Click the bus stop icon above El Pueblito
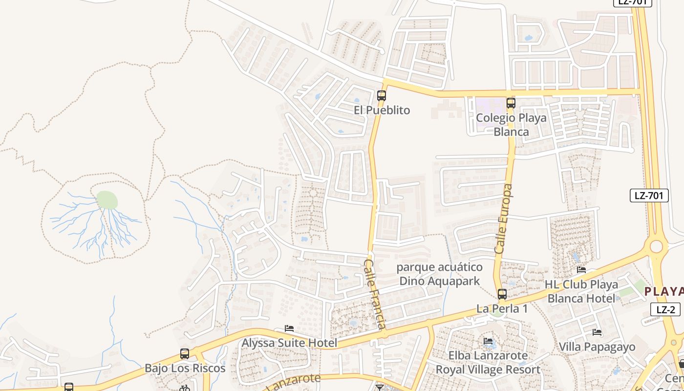(382, 96)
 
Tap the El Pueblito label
(382, 110)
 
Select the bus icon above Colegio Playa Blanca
(511, 103)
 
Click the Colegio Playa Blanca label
(511, 125)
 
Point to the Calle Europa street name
(504, 218)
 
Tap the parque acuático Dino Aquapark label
(439, 274)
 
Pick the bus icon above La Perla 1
(502, 294)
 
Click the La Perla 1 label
(502, 309)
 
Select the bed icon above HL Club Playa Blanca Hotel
(581, 269)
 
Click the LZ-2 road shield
(665, 309)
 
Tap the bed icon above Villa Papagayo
(597, 332)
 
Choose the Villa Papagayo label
(597, 347)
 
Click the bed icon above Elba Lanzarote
(488, 341)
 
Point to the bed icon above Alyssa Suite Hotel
(289, 328)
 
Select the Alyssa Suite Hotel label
(289, 343)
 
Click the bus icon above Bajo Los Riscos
(184, 353)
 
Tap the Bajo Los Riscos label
(185, 368)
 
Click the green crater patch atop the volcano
(107, 200)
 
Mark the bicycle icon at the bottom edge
(184, 388)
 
